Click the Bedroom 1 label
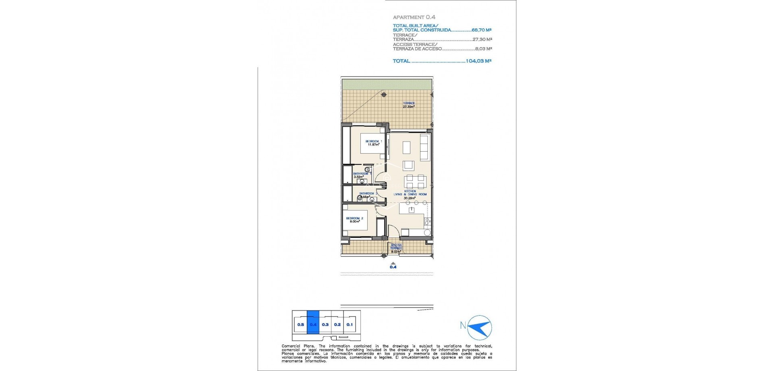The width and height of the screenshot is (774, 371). (x=374, y=141)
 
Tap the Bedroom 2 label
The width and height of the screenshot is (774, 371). (x=354, y=218)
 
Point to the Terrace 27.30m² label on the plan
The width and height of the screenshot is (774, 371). (x=409, y=105)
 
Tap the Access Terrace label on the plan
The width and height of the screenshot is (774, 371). (x=396, y=246)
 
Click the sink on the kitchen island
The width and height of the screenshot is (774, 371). (x=411, y=210)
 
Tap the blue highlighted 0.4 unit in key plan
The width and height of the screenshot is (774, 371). (x=313, y=324)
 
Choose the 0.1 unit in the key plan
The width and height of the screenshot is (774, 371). (x=349, y=324)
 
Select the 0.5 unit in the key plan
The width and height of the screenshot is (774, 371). (x=300, y=324)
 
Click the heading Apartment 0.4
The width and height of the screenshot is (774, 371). (x=408, y=17)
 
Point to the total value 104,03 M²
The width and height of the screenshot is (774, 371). (x=479, y=61)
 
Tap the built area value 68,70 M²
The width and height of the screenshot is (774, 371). (x=481, y=30)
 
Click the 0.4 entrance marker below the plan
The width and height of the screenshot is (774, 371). (x=393, y=267)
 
